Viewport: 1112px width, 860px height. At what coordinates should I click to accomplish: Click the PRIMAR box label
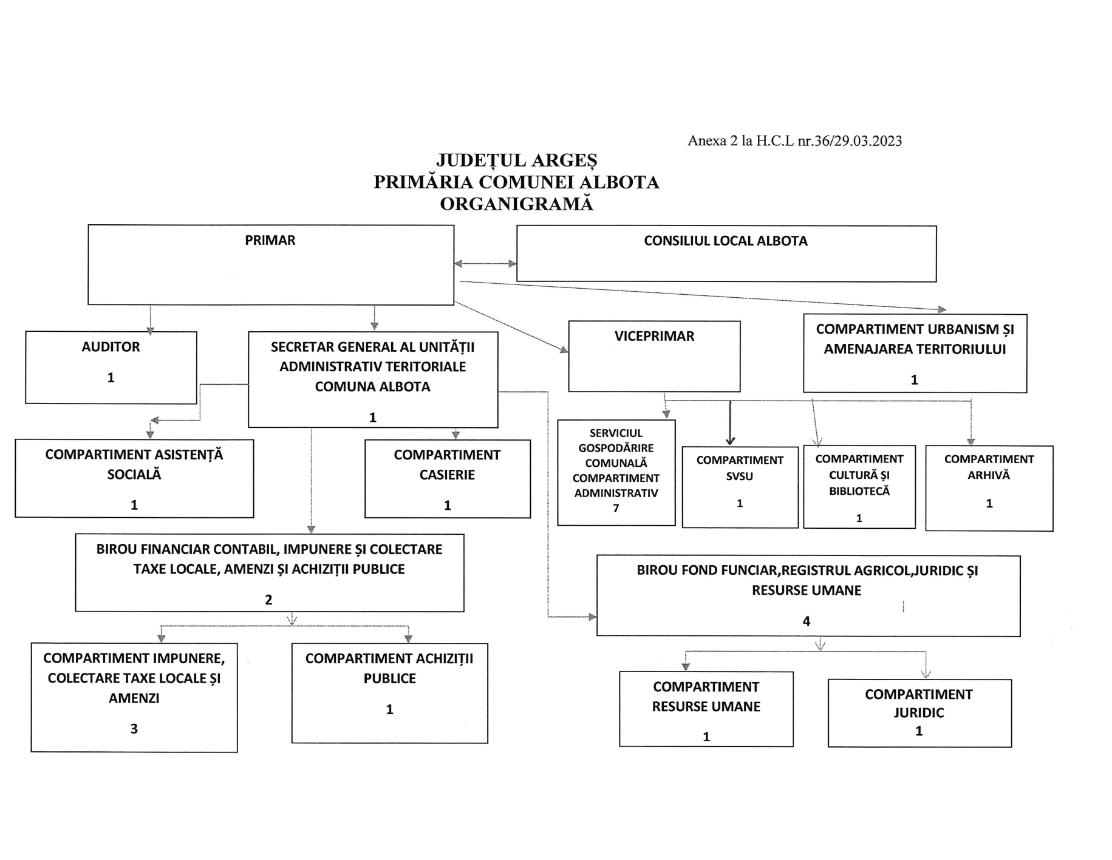pyautogui.click(x=270, y=240)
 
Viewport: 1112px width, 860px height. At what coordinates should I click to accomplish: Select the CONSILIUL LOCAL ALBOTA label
pyautogui.click(x=726, y=241)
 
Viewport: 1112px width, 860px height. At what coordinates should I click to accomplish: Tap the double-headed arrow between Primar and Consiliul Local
pyautogui.click(x=485, y=264)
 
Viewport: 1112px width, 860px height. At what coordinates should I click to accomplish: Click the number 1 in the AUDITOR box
pyautogui.click(x=111, y=377)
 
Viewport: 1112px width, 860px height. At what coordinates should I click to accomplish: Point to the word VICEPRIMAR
pyautogui.click(x=654, y=336)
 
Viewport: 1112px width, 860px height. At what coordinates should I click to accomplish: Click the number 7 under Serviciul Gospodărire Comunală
pyautogui.click(x=616, y=508)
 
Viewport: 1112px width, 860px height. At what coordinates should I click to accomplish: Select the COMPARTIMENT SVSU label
pyautogui.click(x=740, y=468)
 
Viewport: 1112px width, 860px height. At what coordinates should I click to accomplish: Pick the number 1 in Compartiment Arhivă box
pyautogui.click(x=989, y=503)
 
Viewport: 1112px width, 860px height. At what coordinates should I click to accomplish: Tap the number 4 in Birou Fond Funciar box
pyautogui.click(x=807, y=621)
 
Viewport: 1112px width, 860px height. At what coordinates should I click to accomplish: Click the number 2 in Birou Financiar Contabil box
pyautogui.click(x=268, y=600)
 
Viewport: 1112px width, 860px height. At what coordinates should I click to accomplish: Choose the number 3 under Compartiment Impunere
pyautogui.click(x=134, y=729)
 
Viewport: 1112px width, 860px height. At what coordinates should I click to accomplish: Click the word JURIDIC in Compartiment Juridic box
pyautogui.click(x=919, y=713)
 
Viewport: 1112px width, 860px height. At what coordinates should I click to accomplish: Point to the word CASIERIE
pyautogui.click(x=447, y=475)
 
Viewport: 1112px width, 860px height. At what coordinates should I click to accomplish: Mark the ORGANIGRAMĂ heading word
pyautogui.click(x=516, y=204)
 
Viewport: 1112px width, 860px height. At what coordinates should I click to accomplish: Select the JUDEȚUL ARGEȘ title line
pyautogui.click(x=517, y=160)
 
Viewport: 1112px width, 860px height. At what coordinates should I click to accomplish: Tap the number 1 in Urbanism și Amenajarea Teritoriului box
pyautogui.click(x=915, y=380)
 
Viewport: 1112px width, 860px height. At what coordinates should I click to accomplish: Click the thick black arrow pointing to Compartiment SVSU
pyautogui.click(x=730, y=423)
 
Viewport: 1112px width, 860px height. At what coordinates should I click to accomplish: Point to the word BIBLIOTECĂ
pyautogui.click(x=859, y=491)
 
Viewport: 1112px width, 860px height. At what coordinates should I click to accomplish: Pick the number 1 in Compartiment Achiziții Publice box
pyautogui.click(x=390, y=709)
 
